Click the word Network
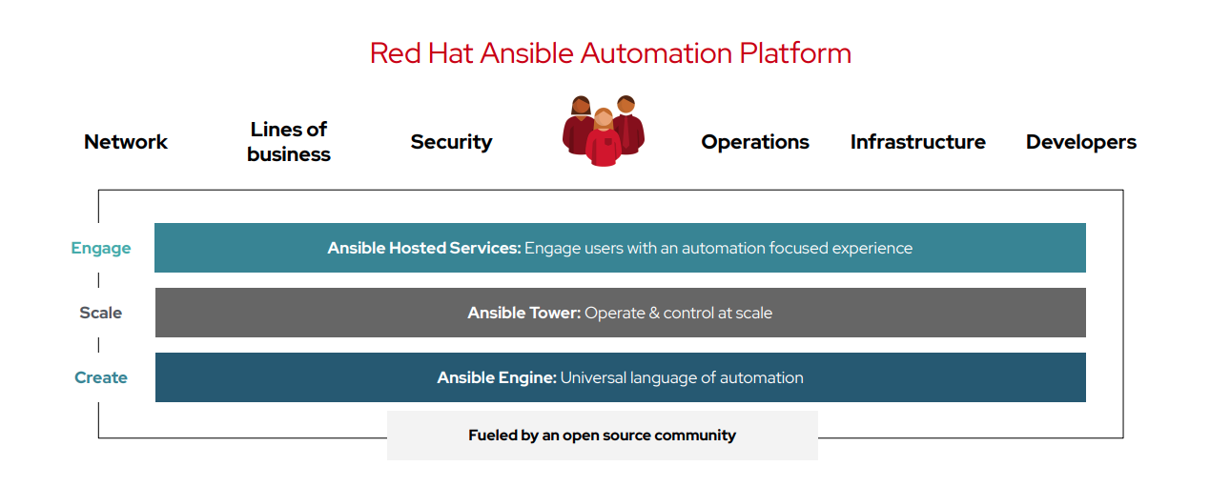coord(126,142)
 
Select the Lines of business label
coord(288,141)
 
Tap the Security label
coord(451,142)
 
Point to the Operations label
coord(755,142)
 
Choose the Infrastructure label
coord(917,142)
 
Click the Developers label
coord(1080,142)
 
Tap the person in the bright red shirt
coord(603,143)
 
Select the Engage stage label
coord(101,248)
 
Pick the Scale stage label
coord(101,313)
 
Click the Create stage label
coord(101,377)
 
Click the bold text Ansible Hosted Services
coord(424,248)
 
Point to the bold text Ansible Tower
coord(523,313)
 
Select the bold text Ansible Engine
coord(497,377)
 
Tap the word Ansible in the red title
coord(517,52)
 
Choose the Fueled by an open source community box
coord(602,436)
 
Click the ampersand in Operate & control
coord(654,313)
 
